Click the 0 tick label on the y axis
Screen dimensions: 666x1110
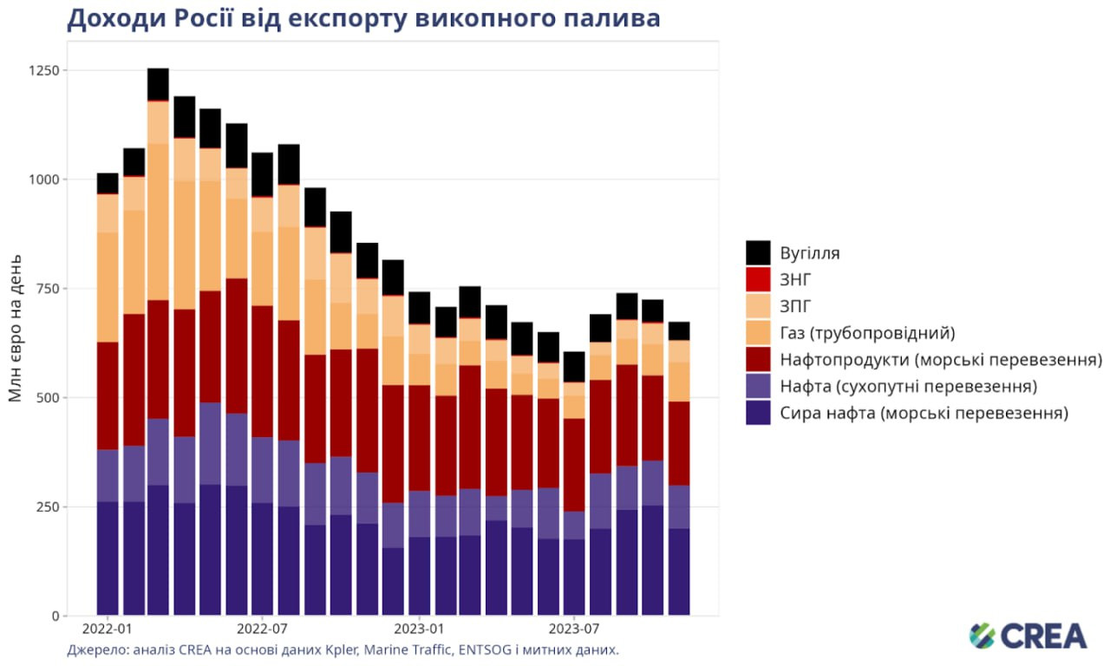pyautogui.click(x=55, y=616)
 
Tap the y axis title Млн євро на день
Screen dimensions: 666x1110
pyautogui.click(x=15, y=330)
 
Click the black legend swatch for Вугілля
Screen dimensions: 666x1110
pyautogui.click(x=759, y=253)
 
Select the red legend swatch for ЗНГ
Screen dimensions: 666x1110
pyautogui.click(x=759, y=279)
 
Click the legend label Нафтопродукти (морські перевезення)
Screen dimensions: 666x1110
pyautogui.click(x=941, y=359)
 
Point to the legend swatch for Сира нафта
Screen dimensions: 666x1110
pyautogui.click(x=759, y=413)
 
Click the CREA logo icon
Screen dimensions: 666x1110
pyautogui.click(x=982, y=636)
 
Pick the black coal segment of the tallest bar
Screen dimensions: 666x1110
pyautogui.click(x=158, y=84)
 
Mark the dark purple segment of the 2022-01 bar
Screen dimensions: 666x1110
pyautogui.click(x=108, y=558)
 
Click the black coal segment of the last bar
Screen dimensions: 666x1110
pyautogui.click(x=679, y=330)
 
